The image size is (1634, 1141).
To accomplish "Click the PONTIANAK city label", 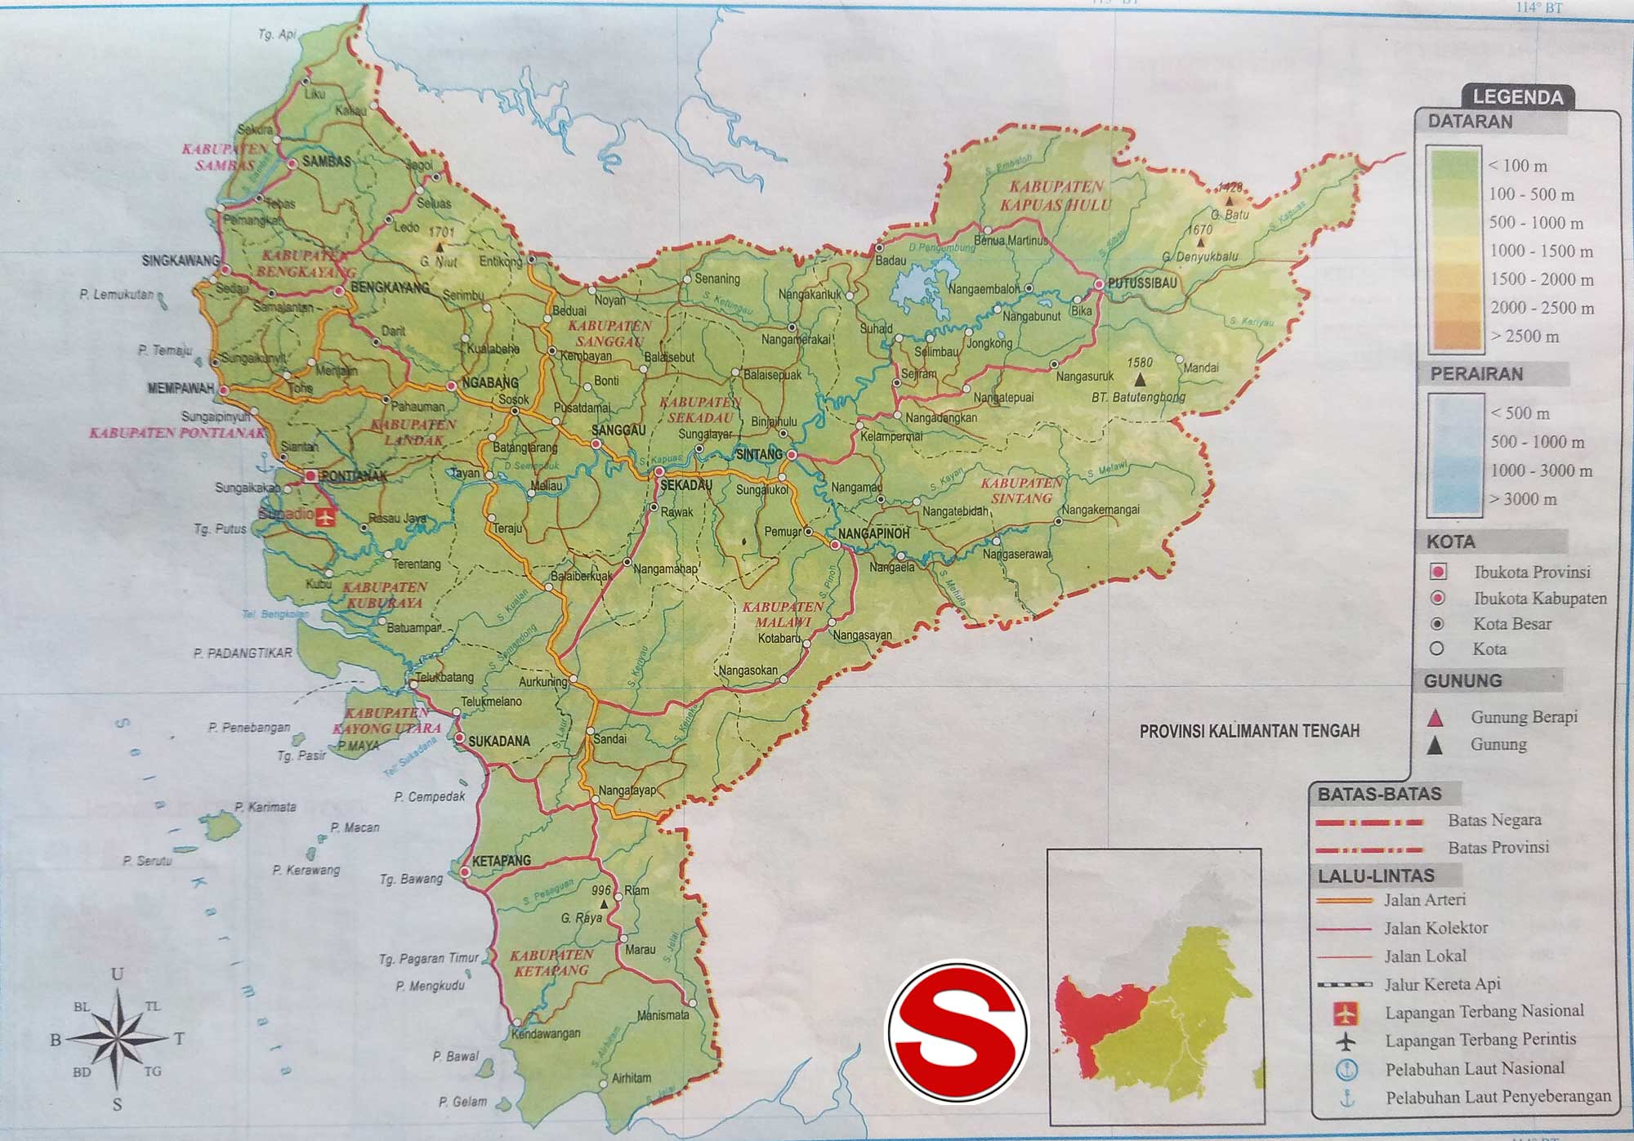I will click(x=354, y=475).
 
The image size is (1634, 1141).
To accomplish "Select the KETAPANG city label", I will click(x=501, y=860).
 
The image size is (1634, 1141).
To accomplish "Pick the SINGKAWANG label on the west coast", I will click(x=181, y=261).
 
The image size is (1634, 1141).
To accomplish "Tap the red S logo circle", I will click(x=958, y=1032).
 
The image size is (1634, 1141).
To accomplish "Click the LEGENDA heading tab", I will click(x=1517, y=97).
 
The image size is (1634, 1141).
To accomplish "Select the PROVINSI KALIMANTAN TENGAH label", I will click(x=1249, y=731).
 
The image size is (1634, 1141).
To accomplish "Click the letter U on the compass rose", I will click(x=118, y=974).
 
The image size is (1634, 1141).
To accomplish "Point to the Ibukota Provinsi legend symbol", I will click(x=1438, y=572).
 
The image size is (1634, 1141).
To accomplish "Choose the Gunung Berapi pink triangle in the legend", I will click(x=1435, y=719).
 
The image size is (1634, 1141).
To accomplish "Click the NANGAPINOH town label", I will click(x=873, y=533).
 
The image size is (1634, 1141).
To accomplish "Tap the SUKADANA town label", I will click(x=498, y=741).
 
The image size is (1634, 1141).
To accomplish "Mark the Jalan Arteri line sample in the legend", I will click(x=1344, y=900).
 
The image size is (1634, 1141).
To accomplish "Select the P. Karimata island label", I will click(x=266, y=807).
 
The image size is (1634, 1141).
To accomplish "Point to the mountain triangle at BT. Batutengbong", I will click(x=1140, y=380).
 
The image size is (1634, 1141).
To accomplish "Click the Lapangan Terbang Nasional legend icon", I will click(x=1345, y=1013).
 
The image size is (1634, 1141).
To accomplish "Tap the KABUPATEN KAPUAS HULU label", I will click(x=1056, y=195).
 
